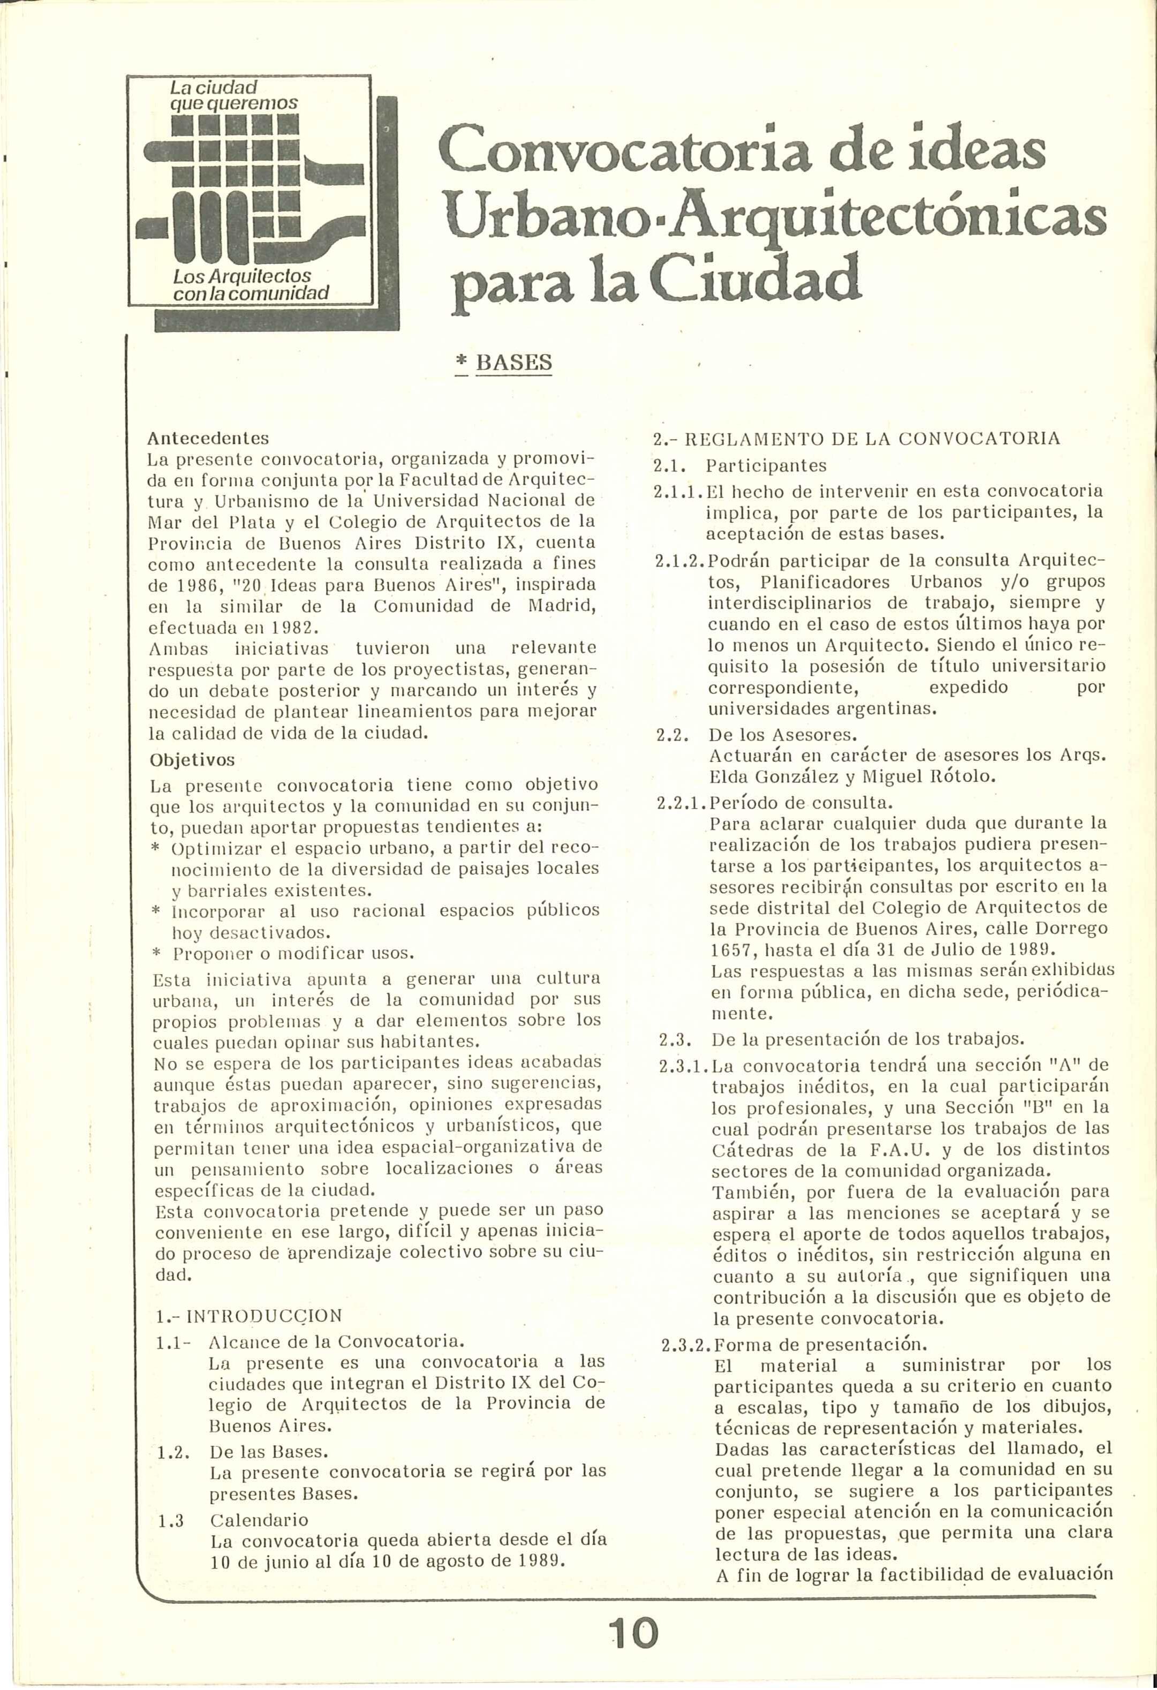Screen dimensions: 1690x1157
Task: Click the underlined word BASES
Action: click(513, 362)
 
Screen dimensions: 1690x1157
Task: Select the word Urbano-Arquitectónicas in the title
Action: click(776, 217)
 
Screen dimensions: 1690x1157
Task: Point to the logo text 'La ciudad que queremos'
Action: click(233, 95)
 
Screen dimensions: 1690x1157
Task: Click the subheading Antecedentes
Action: click(208, 439)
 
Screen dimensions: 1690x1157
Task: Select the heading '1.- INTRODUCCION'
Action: click(249, 1316)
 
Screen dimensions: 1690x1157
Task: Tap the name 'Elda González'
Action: click(771, 776)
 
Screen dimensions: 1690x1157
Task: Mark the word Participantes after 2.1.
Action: click(767, 465)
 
